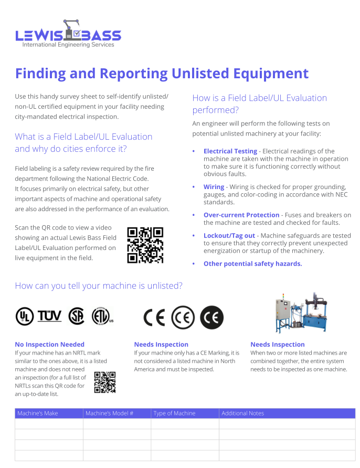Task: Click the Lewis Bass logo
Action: [68, 34]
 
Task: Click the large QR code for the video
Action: [145, 245]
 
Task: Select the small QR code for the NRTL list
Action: [105, 382]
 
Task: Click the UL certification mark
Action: [25, 316]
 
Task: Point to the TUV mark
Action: [49, 316]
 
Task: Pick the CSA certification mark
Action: [77, 316]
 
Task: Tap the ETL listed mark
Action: [102, 316]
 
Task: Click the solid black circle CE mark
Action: [212, 317]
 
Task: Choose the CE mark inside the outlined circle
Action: [183, 317]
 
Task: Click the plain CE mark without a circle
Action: [154, 317]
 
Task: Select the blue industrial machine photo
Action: [301, 313]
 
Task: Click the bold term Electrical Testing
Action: [230, 151]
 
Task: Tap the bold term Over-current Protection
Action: [241, 215]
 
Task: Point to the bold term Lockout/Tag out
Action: [229, 236]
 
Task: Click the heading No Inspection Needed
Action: [49, 345]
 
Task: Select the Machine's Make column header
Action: [38, 413]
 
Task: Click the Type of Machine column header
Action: [174, 413]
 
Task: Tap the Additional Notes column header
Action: [243, 413]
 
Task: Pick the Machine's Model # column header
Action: [110, 413]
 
